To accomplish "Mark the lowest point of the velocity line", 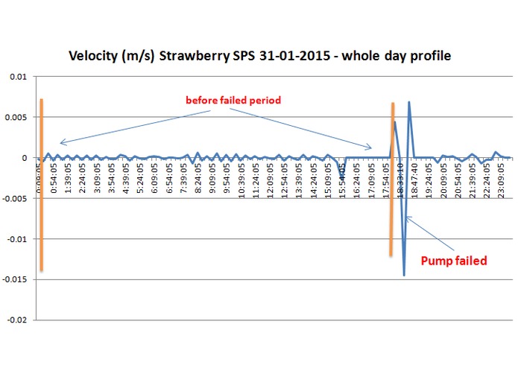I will (x=404, y=275).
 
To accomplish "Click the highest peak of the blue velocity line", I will (x=409, y=103).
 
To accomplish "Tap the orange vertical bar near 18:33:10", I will (x=391, y=179).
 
